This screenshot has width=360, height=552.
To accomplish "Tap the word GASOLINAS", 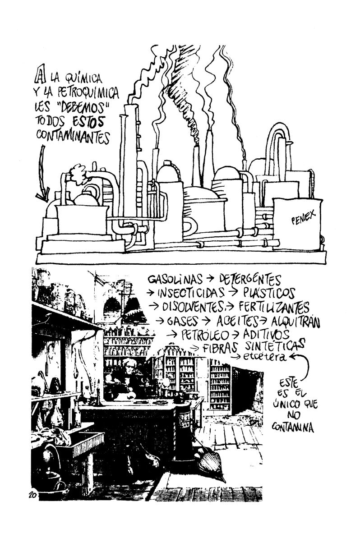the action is point(175,279).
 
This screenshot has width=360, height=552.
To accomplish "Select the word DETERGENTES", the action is point(249,280).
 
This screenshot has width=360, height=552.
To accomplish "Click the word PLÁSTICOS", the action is point(269,293).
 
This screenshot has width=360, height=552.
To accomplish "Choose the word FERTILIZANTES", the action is point(274,307).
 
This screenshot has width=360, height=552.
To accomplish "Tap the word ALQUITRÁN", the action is point(295,321).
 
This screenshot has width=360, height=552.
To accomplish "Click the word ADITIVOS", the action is point(266,334).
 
